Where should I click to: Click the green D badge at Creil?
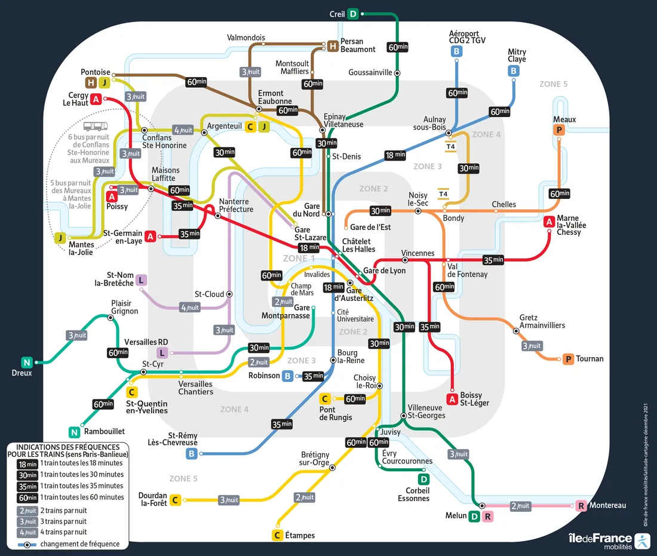[x=353, y=14]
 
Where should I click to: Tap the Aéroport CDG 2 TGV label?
[x=465, y=37]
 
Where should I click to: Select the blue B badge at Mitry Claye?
[x=513, y=71]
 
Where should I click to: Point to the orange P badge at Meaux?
[x=559, y=130]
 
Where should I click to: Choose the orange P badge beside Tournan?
[x=568, y=359]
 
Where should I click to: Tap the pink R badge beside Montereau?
[x=581, y=506]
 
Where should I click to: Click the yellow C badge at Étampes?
[x=277, y=535]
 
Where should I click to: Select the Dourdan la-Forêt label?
[x=152, y=499]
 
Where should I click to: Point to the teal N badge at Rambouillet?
[x=74, y=432]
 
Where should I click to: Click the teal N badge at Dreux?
[x=26, y=362]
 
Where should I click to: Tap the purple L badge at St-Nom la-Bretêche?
[x=141, y=279]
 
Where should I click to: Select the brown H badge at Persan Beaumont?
[x=333, y=46]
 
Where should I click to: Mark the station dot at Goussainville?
[x=397, y=73]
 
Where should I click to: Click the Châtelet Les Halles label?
[x=358, y=245]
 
